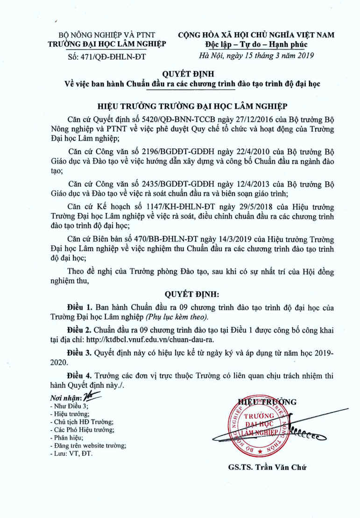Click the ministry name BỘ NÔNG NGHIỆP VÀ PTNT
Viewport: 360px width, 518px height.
106,35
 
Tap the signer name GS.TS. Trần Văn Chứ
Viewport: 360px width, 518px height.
268,467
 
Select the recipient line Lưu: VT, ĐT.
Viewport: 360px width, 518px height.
71,454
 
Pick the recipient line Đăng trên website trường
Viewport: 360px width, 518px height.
87,446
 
